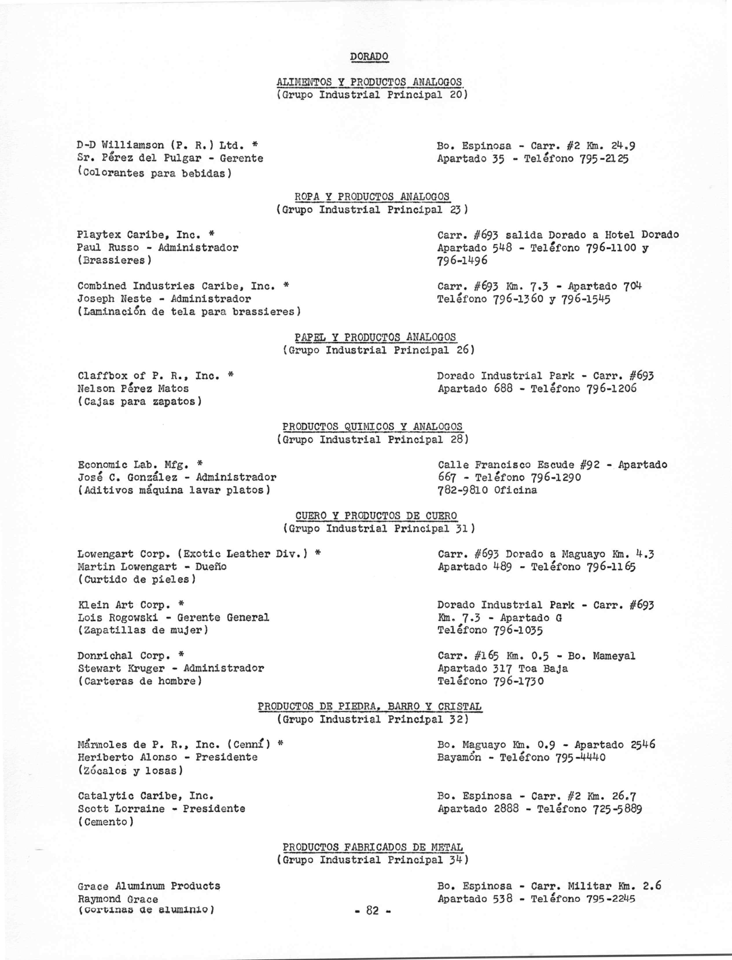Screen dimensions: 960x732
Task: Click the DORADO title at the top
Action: (369, 57)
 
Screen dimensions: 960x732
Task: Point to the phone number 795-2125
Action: (604, 158)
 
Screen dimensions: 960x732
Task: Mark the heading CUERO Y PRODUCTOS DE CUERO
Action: (376, 516)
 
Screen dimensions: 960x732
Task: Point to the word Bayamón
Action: (459, 758)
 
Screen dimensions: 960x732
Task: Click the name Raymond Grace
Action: (118, 899)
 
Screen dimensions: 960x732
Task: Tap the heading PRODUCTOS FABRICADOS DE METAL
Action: (373, 847)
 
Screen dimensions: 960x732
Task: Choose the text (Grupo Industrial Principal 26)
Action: (378, 350)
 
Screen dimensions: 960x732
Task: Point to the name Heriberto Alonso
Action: (127, 758)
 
